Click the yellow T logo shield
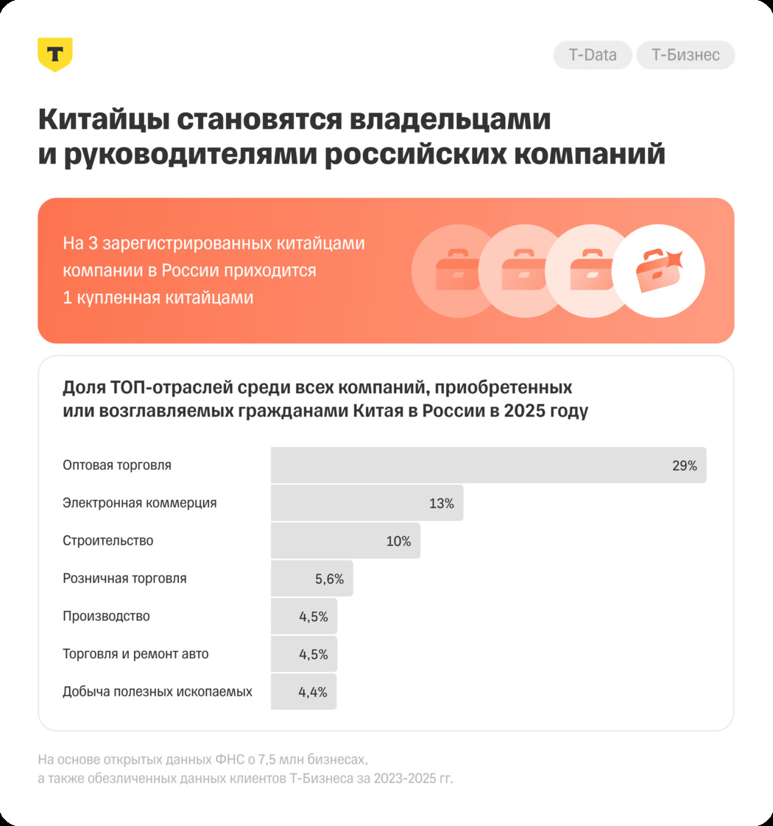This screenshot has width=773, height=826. (54, 54)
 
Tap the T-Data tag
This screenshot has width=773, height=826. (593, 55)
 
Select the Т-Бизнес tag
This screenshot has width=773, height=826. (685, 55)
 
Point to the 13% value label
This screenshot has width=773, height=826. (442, 504)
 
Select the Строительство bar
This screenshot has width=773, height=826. (345, 541)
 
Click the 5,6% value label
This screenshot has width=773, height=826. (330, 579)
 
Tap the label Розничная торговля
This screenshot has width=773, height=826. (124, 579)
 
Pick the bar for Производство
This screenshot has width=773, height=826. (303, 616)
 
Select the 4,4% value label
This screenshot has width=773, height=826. (313, 692)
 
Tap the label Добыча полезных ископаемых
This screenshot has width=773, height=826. (158, 692)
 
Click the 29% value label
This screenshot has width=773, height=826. (684, 465)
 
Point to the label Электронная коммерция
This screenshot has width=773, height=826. (140, 504)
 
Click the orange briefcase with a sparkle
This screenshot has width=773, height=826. (657, 271)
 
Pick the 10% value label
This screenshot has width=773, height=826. (398, 541)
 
